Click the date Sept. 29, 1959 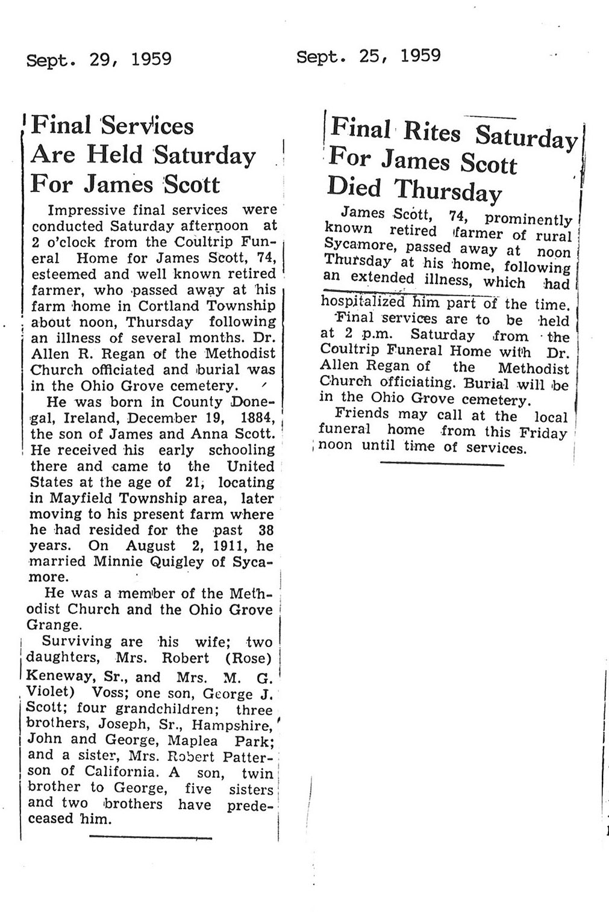tap(99, 59)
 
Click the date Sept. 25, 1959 tap(368, 56)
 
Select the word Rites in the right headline tap(431, 132)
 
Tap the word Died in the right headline tap(355, 187)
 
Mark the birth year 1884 tap(256, 418)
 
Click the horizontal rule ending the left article tap(151, 836)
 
